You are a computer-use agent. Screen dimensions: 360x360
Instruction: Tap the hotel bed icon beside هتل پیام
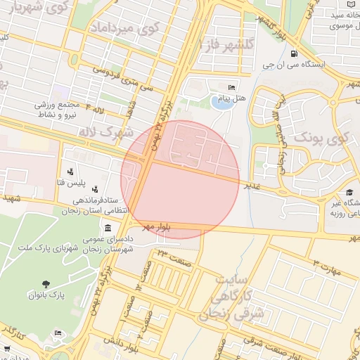click(x=232, y=88)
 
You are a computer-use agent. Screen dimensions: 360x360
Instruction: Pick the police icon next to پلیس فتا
click(x=71, y=171)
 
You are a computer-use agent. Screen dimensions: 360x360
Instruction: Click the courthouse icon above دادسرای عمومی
click(x=107, y=228)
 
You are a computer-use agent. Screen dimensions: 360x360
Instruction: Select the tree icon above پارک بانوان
click(x=46, y=284)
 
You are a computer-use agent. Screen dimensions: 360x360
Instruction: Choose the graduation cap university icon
click(x=349, y=192)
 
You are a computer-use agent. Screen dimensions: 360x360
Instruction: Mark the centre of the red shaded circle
click(x=181, y=179)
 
